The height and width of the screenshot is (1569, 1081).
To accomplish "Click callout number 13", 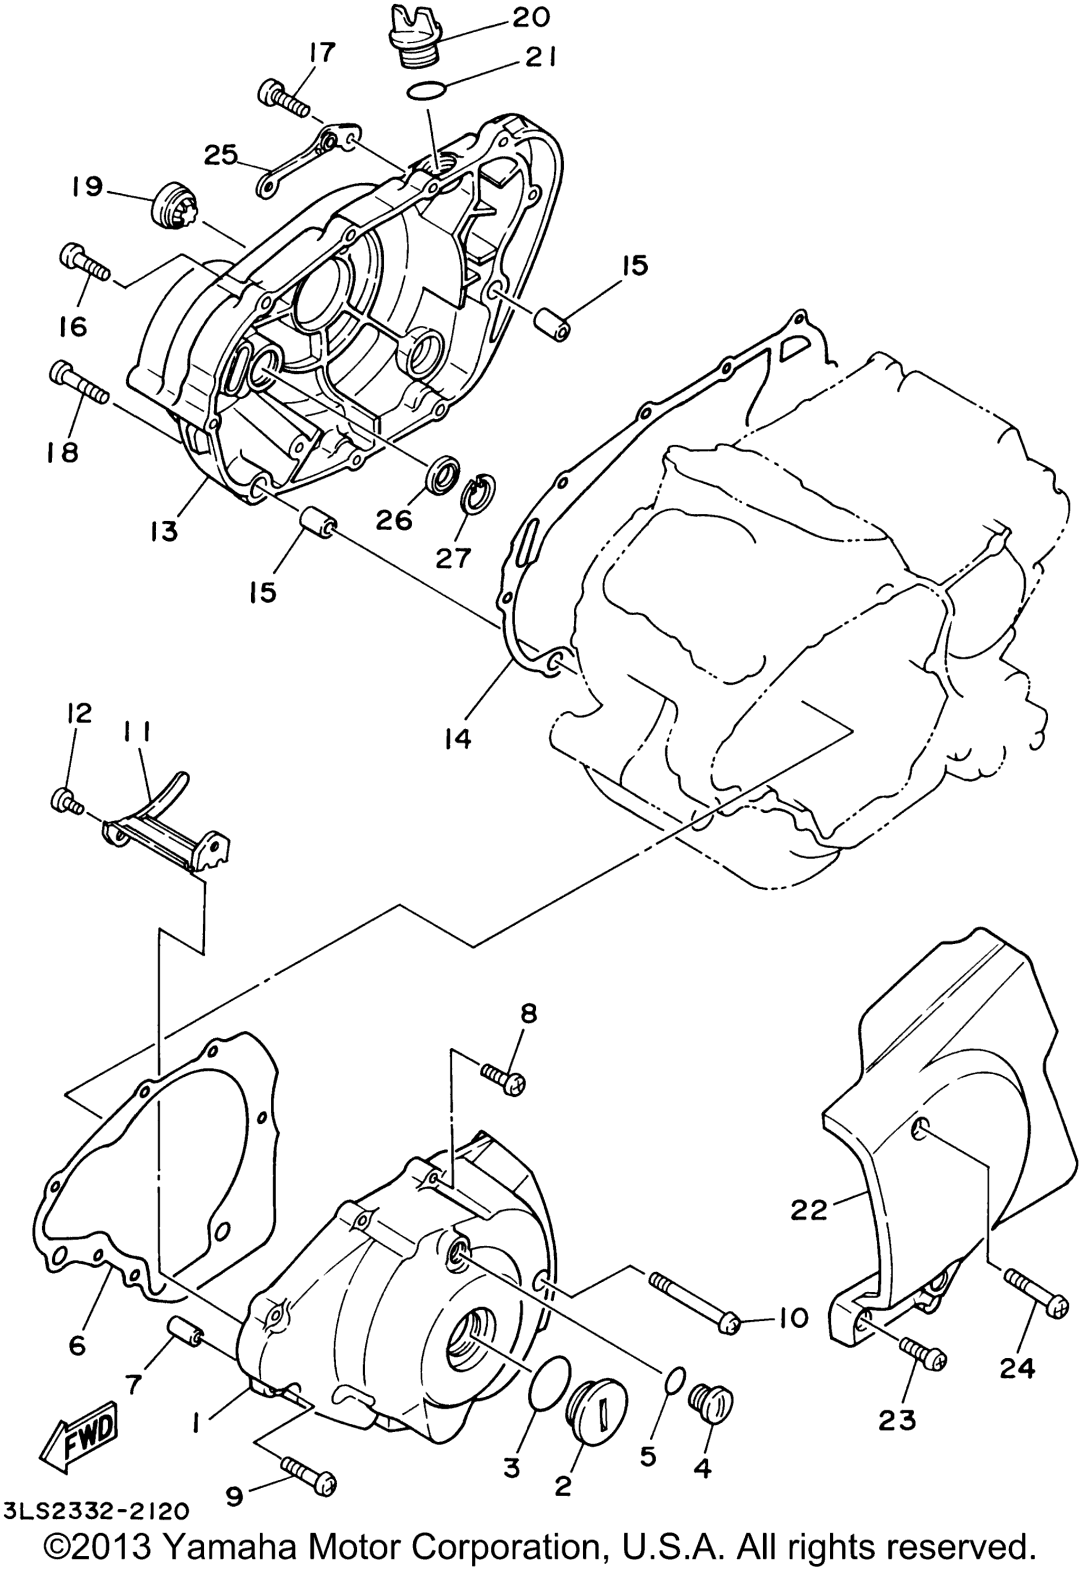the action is click(x=165, y=532).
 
